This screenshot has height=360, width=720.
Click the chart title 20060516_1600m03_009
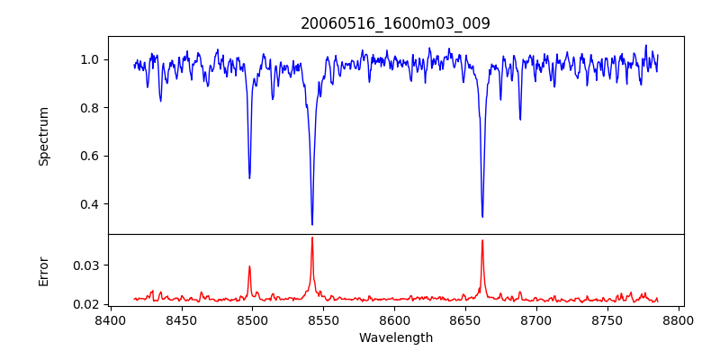pos(395,23)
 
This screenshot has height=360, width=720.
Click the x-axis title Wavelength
pos(395,338)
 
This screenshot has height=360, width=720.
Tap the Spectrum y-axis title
pos(44,136)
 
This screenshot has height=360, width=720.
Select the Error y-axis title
pos(44,270)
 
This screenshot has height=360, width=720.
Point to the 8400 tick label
pos(110,319)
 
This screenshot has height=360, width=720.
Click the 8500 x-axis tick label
pos(252,319)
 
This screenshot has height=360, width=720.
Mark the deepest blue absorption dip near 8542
pos(312,224)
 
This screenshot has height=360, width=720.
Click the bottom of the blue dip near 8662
pos(482,216)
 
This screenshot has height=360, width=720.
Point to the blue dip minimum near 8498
pos(249,177)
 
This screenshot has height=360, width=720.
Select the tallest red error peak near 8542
pos(312,238)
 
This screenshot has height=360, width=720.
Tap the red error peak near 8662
pos(482,240)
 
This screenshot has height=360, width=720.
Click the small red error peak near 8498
pos(249,266)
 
